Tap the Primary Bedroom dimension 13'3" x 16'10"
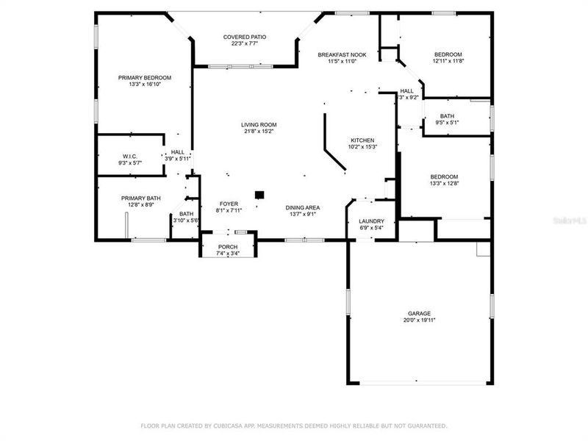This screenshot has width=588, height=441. pyautogui.click(x=145, y=85)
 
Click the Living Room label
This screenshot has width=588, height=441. pyautogui.click(x=259, y=125)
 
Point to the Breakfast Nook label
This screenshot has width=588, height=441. pyautogui.click(x=342, y=55)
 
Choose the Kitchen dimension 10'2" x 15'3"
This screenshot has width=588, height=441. pyautogui.click(x=362, y=147)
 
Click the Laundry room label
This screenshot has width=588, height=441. pyautogui.click(x=371, y=221)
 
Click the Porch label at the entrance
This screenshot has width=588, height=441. pyautogui.click(x=228, y=246)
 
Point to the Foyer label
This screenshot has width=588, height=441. pyautogui.click(x=229, y=204)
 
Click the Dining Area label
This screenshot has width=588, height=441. pyautogui.click(x=302, y=208)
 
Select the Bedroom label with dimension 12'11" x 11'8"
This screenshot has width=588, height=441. pyautogui.click(x=448, y=55)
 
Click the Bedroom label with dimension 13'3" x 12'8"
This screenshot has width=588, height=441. pyautogui.click(x=444, y=176)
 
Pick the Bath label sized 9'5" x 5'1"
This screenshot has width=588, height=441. pyautogui.click(x=447, y=116)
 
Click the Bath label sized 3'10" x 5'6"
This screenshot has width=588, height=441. pyautogui.click(x=186, y=214)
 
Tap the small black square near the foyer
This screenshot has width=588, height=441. pyautogui.click(x=259, y=195)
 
